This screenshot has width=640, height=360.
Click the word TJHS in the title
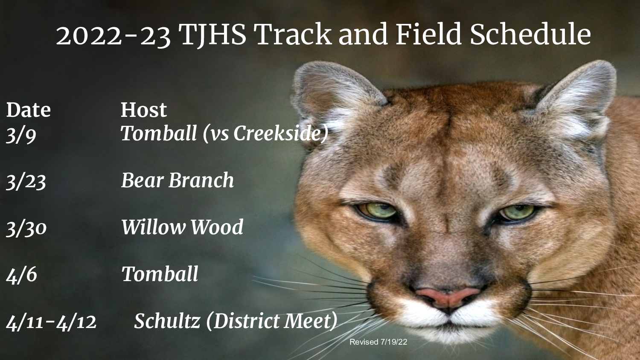tap(212, 35)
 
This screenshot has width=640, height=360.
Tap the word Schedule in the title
tap(530, 35)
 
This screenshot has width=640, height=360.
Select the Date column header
tap(28, 110)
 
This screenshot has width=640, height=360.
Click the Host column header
tap(143, 110)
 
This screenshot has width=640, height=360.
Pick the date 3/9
tap(21, 135)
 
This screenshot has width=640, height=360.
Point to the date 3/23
tap(26, 181)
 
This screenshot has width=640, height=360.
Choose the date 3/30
tap(26, 228)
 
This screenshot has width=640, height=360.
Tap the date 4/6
tap(21, 275)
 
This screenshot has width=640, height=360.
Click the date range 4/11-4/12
tap(51, 322)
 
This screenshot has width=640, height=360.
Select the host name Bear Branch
tap(177, 180)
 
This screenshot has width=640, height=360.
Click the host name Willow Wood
tap(182, 227)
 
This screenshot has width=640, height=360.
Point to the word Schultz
tap(167, 321)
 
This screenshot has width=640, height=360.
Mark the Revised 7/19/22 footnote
tap(378, 342)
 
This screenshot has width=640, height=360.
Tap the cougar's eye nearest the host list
tap(378, 210)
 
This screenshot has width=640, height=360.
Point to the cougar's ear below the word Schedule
tap(580, 98)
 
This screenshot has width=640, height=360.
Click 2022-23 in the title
tap(113, 35)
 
